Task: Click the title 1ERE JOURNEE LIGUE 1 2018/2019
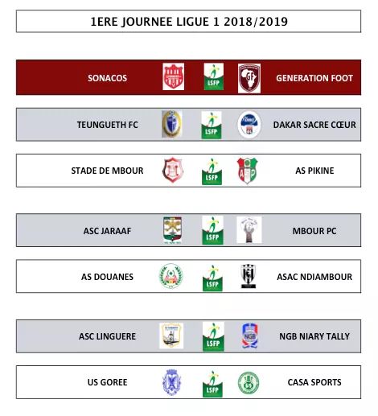(x=188, y=22)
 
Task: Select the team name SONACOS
(x=108, y=78)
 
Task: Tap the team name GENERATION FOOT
(x=314, y=78)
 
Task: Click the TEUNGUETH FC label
(x=107, y=125)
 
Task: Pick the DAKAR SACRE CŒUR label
(x=314, y=125)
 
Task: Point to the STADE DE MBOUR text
(x=107, y=171)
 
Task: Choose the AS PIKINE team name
(x=314, y=171)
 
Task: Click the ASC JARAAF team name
(x=107, y=232)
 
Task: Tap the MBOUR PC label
(x=314, y=232)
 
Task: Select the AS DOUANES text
(x=107, y=277)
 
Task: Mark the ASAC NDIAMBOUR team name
(x=314, y=277)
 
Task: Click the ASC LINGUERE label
(x=107, y=336)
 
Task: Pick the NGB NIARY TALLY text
(x=314, y=336)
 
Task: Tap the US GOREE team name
(x=107, y=382)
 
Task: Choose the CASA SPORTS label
(x=314, y=382)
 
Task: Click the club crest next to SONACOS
(x=173, y=77)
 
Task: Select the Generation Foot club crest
(x=249, y=77)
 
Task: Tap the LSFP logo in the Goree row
(x=212, y=383)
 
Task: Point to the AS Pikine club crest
(x=248, y=171)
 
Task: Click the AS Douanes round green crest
(x=171, y=277)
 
